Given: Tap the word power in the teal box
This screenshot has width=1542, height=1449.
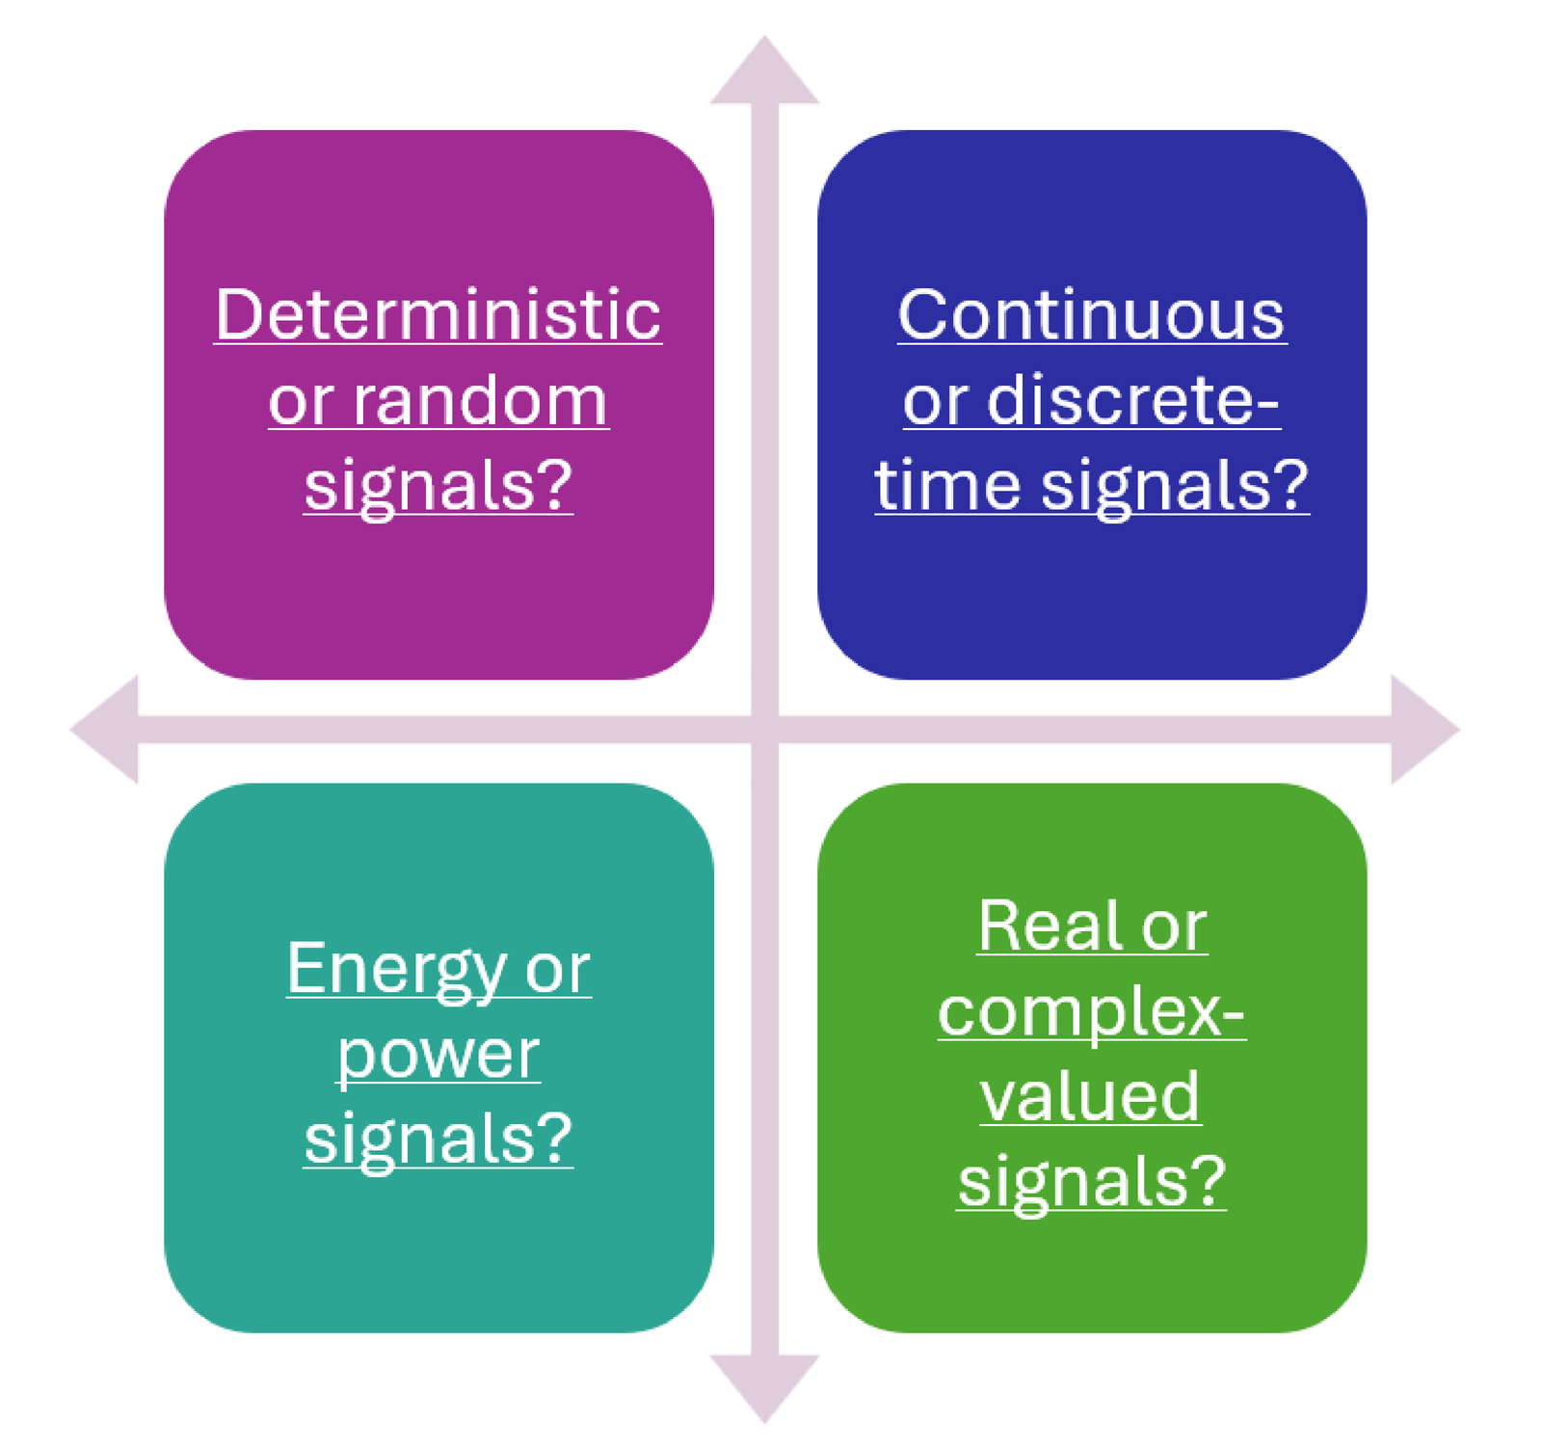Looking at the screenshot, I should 438,1056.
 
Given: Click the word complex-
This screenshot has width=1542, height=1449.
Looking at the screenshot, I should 1091,1013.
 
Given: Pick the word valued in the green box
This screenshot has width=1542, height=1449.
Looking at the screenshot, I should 1091,1097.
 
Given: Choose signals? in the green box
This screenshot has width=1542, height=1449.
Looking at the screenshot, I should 1091,1181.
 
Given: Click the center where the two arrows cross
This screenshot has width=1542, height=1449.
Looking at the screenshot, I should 764,729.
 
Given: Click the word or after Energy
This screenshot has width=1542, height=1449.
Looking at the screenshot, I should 557,969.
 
